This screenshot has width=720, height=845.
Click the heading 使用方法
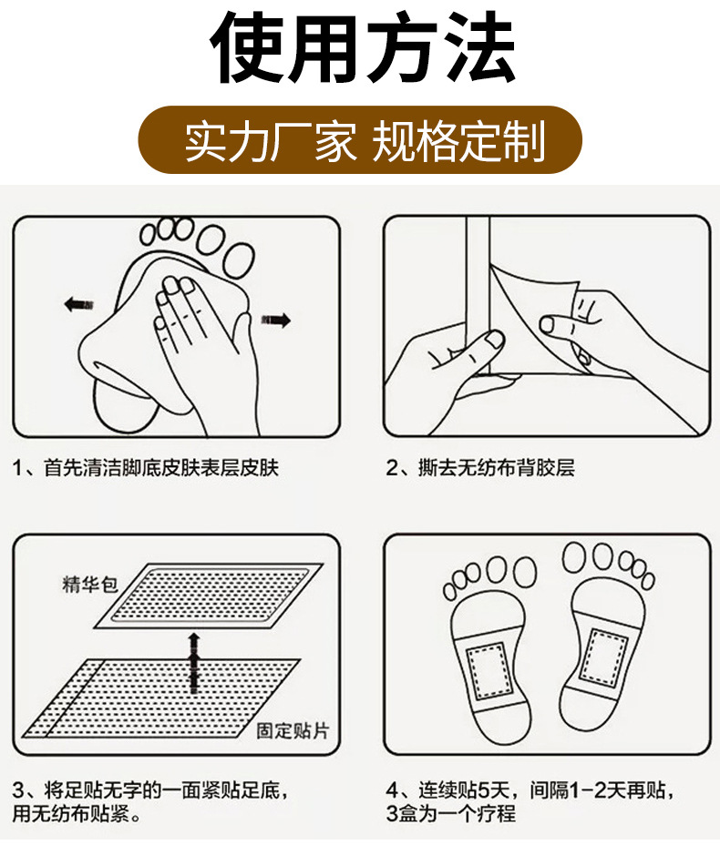coord(362,47)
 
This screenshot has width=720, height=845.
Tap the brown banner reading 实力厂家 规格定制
coord(360,140)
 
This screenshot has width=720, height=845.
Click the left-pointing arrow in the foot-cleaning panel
coord(78,304)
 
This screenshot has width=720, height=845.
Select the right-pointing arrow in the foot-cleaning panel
coord(276,321)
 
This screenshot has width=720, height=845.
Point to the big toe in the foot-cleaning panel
coord(239,260)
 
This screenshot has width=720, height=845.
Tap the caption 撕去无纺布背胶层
coord(496,468)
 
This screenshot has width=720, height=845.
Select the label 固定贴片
coord(293,731)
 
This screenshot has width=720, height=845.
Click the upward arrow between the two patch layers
coord(194,664)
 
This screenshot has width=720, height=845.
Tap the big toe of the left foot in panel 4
coord(524,571)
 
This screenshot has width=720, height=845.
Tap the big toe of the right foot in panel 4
coord(575,557)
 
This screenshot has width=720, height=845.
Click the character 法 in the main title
coord(478,47)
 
